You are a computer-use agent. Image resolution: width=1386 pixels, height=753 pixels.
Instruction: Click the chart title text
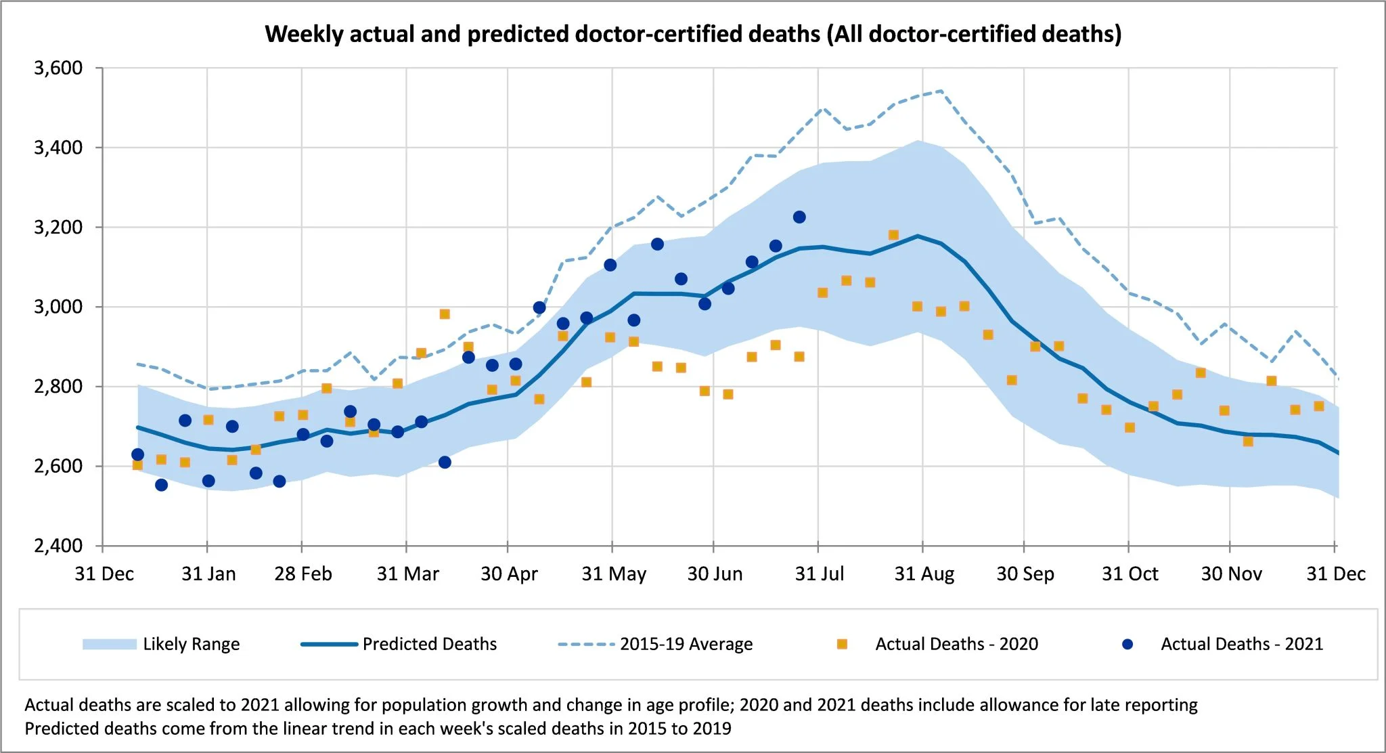693,34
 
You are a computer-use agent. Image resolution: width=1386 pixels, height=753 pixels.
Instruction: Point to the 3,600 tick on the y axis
58,68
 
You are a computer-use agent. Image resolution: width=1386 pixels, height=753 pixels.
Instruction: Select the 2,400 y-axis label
58,545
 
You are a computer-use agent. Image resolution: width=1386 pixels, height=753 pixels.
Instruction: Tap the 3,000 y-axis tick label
58,307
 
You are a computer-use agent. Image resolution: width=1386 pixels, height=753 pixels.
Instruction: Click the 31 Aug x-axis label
924,574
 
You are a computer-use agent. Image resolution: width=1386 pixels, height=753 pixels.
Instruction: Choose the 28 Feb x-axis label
303,574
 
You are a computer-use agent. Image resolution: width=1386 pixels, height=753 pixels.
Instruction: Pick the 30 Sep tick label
1025,574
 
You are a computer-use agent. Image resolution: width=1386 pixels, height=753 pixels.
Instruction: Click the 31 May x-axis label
613,574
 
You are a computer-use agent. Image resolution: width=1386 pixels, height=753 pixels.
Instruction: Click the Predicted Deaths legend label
429,644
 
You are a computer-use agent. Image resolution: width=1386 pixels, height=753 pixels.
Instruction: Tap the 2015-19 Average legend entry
686,644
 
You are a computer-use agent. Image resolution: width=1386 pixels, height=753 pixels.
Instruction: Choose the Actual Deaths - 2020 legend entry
956,644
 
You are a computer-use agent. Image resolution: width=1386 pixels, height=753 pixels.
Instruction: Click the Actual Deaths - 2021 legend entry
1241,644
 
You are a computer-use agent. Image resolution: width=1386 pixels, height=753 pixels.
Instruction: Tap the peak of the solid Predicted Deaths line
918,236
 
